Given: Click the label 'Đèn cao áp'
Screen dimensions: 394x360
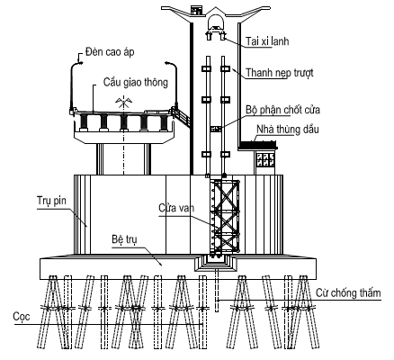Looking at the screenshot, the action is coord(110,52).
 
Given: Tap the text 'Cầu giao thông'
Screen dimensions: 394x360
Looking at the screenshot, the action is coord(136,82).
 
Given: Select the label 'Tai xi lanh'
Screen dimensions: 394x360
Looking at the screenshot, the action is coord(267,40).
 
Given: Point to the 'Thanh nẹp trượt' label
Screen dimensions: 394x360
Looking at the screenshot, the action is coord(280,73).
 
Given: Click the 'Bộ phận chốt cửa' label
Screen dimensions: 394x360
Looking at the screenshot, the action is coord(282,110).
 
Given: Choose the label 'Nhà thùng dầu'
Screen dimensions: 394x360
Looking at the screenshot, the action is coord(288,130).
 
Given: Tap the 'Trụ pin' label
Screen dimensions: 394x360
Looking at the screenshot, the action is coord(51,201).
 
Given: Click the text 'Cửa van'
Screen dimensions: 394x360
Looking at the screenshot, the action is coord(176,208).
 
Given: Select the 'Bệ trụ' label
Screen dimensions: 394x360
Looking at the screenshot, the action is coord(124,239).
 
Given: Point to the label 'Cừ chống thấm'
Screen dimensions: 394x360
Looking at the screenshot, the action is coord(348,292).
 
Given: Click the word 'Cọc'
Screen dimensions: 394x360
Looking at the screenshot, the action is coord(22,317).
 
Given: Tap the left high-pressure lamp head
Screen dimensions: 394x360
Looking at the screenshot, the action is coord(80,62).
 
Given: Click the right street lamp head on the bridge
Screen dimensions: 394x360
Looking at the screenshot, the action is coord(167,63).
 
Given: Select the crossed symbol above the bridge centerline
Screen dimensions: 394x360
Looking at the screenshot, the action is coord(123,102).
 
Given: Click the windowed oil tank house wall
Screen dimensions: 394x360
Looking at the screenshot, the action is coord(264,158).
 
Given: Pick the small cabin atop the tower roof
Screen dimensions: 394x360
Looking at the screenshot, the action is coord(197,10).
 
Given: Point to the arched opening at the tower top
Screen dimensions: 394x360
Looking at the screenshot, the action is coord(215,22).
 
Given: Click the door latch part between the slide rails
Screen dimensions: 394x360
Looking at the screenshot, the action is coord(215,129).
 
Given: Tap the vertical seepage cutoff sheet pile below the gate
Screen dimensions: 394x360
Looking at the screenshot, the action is coord(217,290).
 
